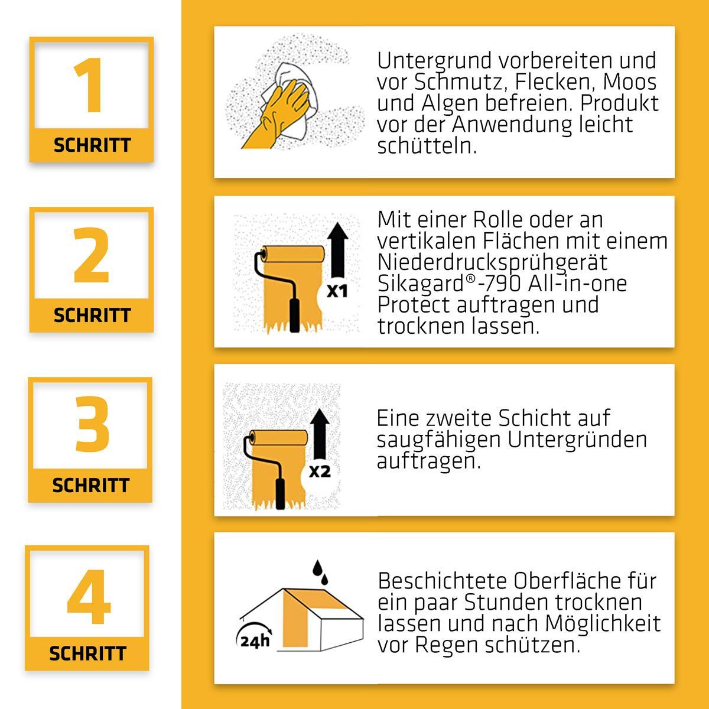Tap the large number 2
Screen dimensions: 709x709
click(x=91, y=255)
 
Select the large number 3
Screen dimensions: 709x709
click(x=92, y=424)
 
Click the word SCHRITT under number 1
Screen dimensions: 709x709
click(x=92, y=145)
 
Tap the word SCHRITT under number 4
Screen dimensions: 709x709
click(x=87, y=654)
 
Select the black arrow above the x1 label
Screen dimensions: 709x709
click(x=337, y=249)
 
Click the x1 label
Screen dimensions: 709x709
click(x=337, y=291)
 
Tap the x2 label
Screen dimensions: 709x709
click(x=320, y=471)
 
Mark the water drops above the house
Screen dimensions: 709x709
click(x=320, y=573)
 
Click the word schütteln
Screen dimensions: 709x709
click(x=427, y=146)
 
